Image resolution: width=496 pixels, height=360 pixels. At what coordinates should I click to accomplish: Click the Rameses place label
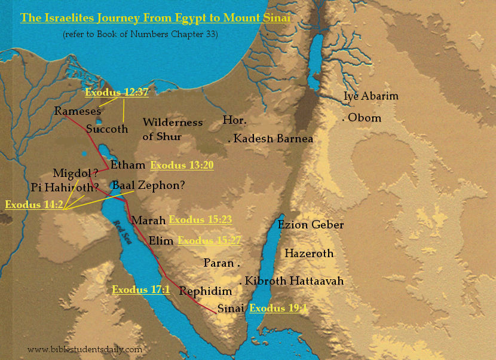click(x=77, y=111)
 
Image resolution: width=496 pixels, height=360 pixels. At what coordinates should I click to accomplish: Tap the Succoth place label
click(x=107, y=129)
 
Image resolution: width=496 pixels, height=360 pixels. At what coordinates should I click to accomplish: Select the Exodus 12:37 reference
click(x=117, y=92)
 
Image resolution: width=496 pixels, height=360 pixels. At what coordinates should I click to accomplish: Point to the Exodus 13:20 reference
click(x=182, y=166)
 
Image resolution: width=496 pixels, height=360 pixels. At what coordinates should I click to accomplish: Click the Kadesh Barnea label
click(x=273, y=139)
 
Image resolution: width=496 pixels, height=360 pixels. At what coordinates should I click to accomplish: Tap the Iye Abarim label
click(x=371, y=96)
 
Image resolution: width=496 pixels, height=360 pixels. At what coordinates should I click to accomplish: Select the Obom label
click(x=363, y=118)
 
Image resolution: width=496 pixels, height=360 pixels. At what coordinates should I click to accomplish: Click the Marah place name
click(x=148, y=221)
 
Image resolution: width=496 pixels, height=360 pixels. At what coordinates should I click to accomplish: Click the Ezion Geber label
click(x=311, y=225)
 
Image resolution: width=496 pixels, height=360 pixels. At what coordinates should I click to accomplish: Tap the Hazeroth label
click(x=308, y=254)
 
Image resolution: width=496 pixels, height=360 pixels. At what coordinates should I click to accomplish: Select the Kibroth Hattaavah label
click(x=293, y=280)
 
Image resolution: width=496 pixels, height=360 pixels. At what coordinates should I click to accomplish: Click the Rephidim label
click(x=205, y=291)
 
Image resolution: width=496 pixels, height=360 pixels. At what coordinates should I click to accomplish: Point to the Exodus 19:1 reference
click(x=278, y=309)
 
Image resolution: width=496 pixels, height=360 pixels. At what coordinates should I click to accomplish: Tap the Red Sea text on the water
click(x=123, y=230)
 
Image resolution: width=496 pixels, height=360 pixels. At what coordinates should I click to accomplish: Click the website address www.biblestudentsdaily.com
click(x=85, y=349)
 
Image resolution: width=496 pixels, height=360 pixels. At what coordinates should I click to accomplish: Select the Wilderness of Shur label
click(x=172, y=129)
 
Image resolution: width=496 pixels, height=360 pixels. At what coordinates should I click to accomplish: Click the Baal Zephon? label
click(x=148, y=185)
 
